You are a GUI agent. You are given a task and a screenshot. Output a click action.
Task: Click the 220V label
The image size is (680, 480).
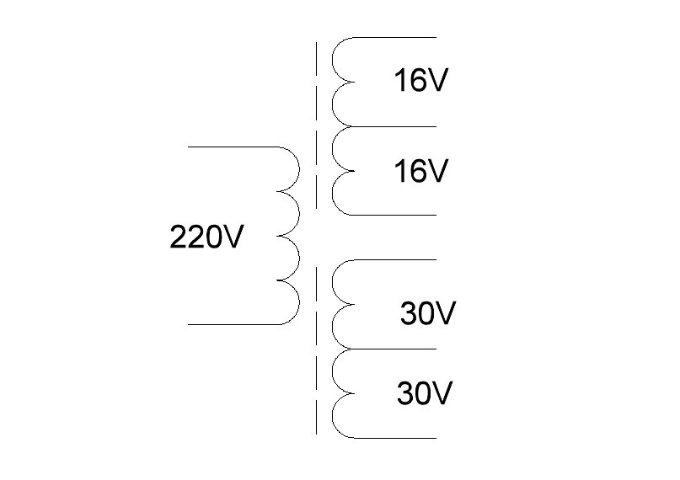(x=206, y=238)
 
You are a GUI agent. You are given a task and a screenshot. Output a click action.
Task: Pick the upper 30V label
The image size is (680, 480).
(x=427, y=314)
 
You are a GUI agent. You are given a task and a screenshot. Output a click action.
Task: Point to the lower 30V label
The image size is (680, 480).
(x=426, y=392)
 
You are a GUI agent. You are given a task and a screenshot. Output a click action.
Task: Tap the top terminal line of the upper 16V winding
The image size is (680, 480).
(x=396, y=38)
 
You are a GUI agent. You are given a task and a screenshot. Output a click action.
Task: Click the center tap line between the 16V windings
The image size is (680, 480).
(x=396, y=127)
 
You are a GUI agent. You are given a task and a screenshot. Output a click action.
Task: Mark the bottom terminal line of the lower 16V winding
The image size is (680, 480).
(x=396, y=216)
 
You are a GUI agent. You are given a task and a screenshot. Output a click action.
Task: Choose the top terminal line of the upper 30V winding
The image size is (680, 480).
(x=396, y=260)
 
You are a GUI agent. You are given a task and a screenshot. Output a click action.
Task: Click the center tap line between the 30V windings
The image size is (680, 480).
(x=396, y=349)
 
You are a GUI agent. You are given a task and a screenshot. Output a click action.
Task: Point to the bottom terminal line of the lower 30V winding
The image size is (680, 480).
(x=396, y=438)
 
